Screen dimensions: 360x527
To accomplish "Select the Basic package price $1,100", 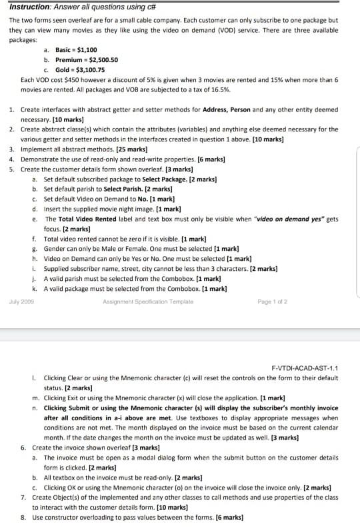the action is (87, 50).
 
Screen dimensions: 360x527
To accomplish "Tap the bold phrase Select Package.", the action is (165, 179).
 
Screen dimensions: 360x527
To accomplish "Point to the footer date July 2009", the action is (21, 302).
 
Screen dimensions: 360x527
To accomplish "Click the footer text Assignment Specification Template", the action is (147, 302).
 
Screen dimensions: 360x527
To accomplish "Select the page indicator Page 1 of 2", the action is (272, 302).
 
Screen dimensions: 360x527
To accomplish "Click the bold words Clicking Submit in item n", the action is (66, 408).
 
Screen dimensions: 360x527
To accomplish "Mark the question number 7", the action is (23, 497).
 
